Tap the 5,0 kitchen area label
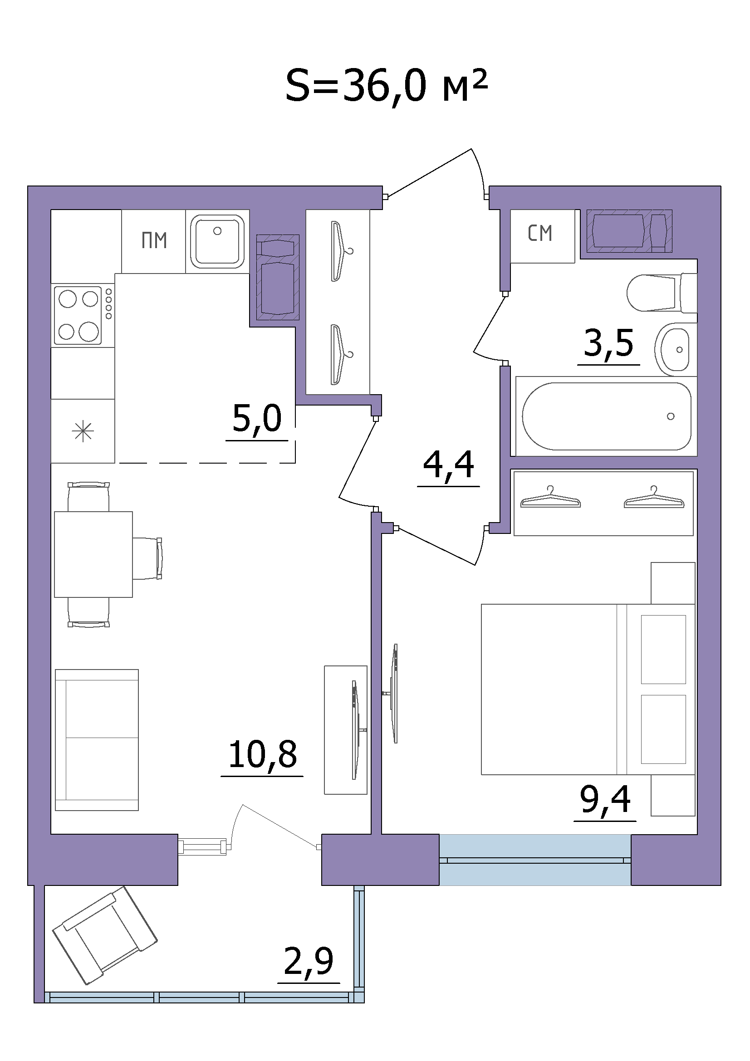(x=257, y=418)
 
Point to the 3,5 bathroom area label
(x=608, y=343)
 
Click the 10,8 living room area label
(x=262, y=754)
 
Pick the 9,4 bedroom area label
(x=605, y=799)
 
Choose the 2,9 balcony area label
(x=308, y=961)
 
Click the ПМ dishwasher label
(x=154, y=241)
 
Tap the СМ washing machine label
(x=540, y=233)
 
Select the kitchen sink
(x=217, y=241)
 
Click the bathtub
(x=606, y=416)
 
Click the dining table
(x=93, y=554)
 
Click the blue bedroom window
(x=535, y=860)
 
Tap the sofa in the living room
(x=97, y=740)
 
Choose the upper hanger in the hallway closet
(x=341, y=251)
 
